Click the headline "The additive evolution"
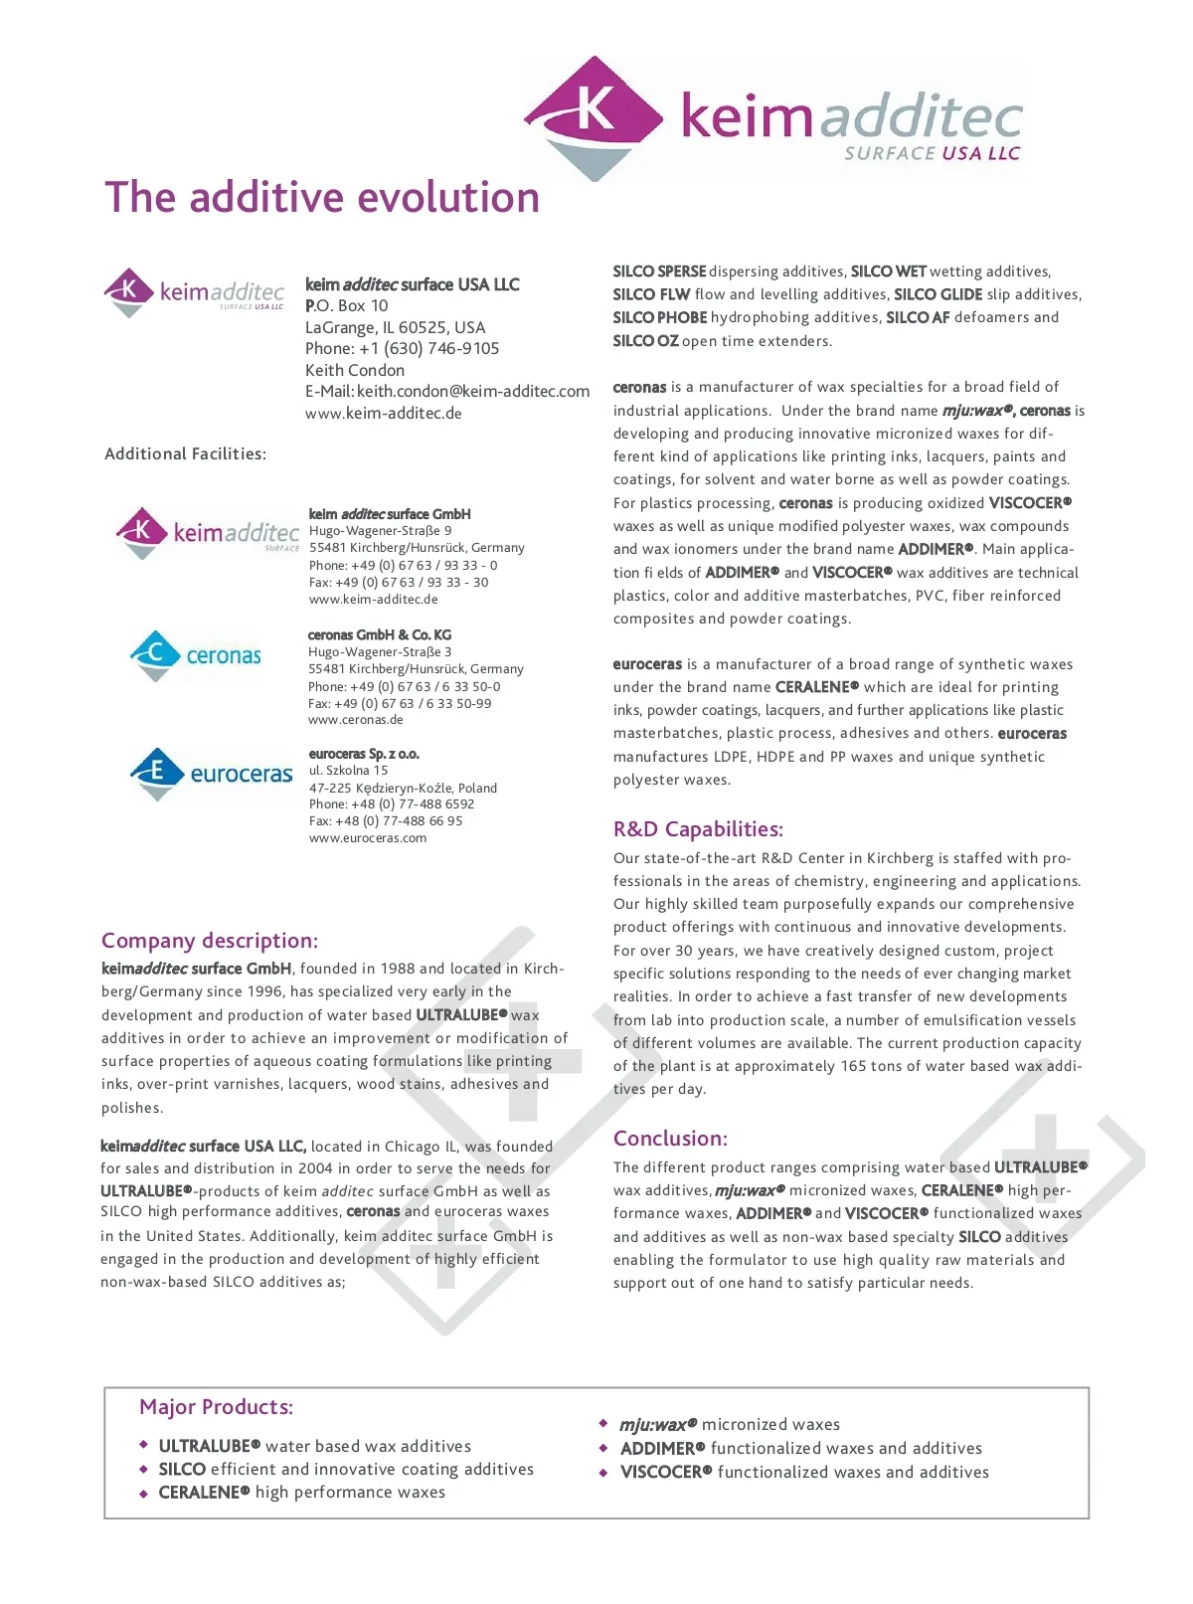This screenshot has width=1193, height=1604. pos(322,198)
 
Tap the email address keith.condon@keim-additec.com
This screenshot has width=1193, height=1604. pos(473,392)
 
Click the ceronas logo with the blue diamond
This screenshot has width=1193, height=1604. pos(195,655)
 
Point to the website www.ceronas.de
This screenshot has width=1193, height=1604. pos(356,720)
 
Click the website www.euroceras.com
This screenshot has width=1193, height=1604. pos(368,838)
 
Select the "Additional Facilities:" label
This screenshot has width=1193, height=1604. pos(186,454)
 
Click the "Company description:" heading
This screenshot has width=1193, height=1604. pos(210,941)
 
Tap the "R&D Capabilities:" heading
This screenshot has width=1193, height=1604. pos(698,829)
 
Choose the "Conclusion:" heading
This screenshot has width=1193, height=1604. pos(670,1139)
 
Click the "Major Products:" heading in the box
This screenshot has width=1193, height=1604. pos(217,1407)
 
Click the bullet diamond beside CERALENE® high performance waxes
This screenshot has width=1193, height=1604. pos(144,1494)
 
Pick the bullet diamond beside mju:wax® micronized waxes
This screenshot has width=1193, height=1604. pos(603,1424)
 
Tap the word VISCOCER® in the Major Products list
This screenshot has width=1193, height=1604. pos(666,1472)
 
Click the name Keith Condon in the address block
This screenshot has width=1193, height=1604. pos(355,370)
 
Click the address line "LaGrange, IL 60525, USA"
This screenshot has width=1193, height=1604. pos(396,327)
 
